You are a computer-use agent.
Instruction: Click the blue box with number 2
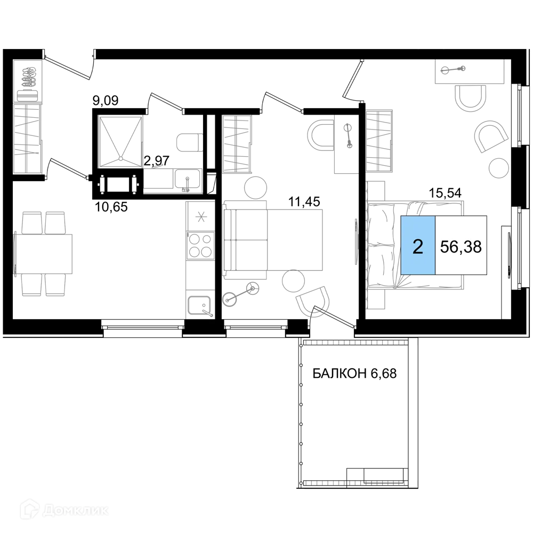click(x=418, y=246)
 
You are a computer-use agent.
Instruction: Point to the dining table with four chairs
click(x=45, y=253)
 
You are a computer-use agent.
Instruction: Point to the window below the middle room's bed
click(x=255, y=335)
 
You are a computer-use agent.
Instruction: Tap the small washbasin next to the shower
click(x=189, y=141)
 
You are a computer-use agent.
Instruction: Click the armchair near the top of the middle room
click(x=323, y=134)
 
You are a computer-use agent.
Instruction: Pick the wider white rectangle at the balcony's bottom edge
click(x=384, y=472)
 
